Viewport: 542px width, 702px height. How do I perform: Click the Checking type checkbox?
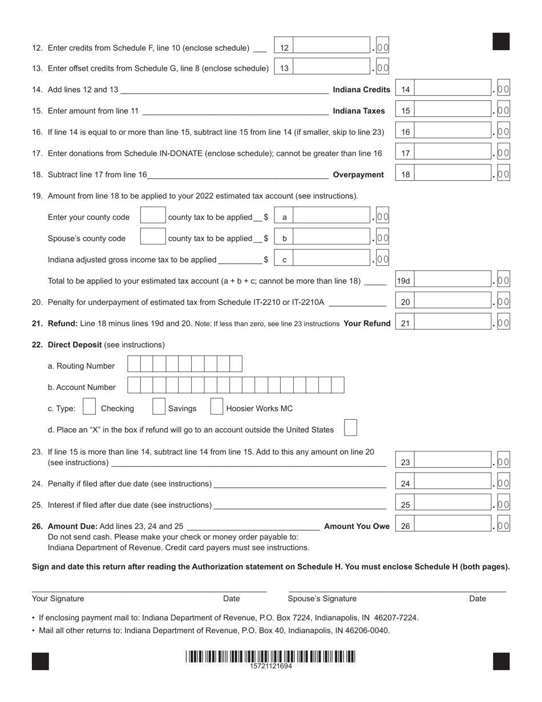pyautogui.click(x=89, y=406)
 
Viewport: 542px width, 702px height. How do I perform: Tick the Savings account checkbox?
pyautogui.click(x=159, y=406)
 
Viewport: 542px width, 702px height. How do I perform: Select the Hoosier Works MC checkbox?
pyautogui.click(x=216, y=406)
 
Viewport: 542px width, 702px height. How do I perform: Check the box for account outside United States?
pyautogui.click(x=351, y=428)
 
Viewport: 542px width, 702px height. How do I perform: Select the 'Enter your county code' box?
pyautogui.click(x=152, y=216)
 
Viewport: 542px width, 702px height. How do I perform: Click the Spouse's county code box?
pyautogui.click(x=152, y=237)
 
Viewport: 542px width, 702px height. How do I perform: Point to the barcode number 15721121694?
pyautogui.click(x=270, y=666)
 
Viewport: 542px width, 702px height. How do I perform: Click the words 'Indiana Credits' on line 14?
pyautogui.click(x=361, y=90)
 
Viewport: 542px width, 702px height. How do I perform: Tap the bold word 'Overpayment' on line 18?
pyautogui.click(x=358, y=175)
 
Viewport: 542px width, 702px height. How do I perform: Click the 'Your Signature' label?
pyautogui.click(x=58, y=599)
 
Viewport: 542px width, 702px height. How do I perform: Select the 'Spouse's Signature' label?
pyautogui.click(x=322, y=599)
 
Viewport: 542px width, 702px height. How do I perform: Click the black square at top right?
pyautogui.click(x=500, y=42)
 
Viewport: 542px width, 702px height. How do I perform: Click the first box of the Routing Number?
pyautogui.click(x=134, y=364)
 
